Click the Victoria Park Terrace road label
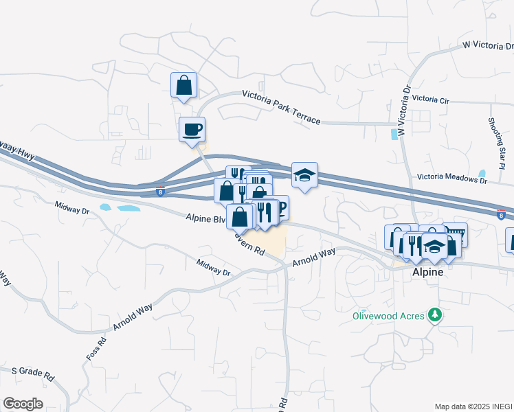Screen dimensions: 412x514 coord(281,107)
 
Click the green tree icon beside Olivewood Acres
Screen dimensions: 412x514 coord(434,315)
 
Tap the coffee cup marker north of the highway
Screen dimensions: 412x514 coord(192,128)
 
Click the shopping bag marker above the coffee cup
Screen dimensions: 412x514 coord(183,85)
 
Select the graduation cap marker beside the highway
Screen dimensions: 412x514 coord(304,174)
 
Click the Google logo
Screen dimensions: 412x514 coord(23,404)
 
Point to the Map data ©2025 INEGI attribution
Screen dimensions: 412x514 coord(472,407)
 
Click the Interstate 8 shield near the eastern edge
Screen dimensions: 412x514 coord(502,215)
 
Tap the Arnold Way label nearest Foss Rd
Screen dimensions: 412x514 coord(132,319)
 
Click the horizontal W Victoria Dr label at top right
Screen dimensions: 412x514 coord(487,45)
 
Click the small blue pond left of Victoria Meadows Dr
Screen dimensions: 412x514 coord(482,174)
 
